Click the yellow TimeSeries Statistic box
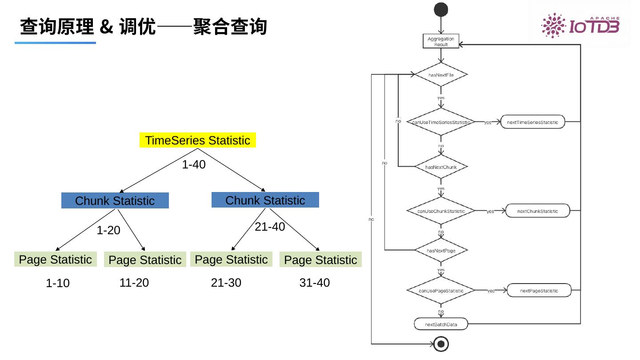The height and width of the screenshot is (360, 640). (198, 140)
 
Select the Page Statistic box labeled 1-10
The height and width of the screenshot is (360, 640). (56, 260)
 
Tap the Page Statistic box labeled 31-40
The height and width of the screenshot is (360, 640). (320, 260)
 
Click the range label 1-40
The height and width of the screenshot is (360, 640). (194, 164)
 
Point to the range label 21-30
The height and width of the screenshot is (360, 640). (226, 283)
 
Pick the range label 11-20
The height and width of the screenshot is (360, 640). (134, 283)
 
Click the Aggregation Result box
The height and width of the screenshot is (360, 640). (440, 42)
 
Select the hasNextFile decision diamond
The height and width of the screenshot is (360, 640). (441, 75)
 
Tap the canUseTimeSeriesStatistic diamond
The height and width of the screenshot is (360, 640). (441, 122)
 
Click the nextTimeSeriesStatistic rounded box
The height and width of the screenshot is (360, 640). (532, 122)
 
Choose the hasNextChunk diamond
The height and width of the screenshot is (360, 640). (441, 167)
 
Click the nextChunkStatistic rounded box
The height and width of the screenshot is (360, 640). (537, 211)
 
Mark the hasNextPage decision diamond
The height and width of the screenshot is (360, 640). (441, 251)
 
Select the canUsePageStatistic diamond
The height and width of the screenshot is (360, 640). (441, 291)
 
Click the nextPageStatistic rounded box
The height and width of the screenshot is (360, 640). (539, 291)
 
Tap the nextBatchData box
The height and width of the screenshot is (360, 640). (441, 324)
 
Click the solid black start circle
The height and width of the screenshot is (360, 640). (441, 9)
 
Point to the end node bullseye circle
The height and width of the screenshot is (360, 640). (441, 344)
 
